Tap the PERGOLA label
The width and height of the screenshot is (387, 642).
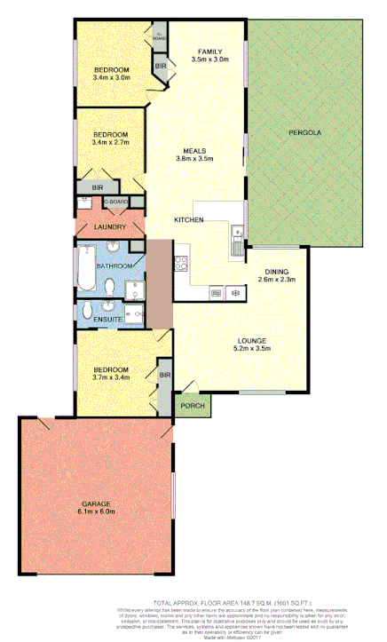point(304,133)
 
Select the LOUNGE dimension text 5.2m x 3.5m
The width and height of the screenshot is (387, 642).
point(252,348)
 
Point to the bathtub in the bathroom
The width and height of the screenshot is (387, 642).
point(86,268)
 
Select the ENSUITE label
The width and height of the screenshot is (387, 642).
point(105,316)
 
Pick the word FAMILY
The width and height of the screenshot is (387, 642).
point(209,51)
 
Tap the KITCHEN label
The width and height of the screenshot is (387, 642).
point(190,219)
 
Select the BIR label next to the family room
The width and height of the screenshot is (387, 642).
point(162,67)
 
